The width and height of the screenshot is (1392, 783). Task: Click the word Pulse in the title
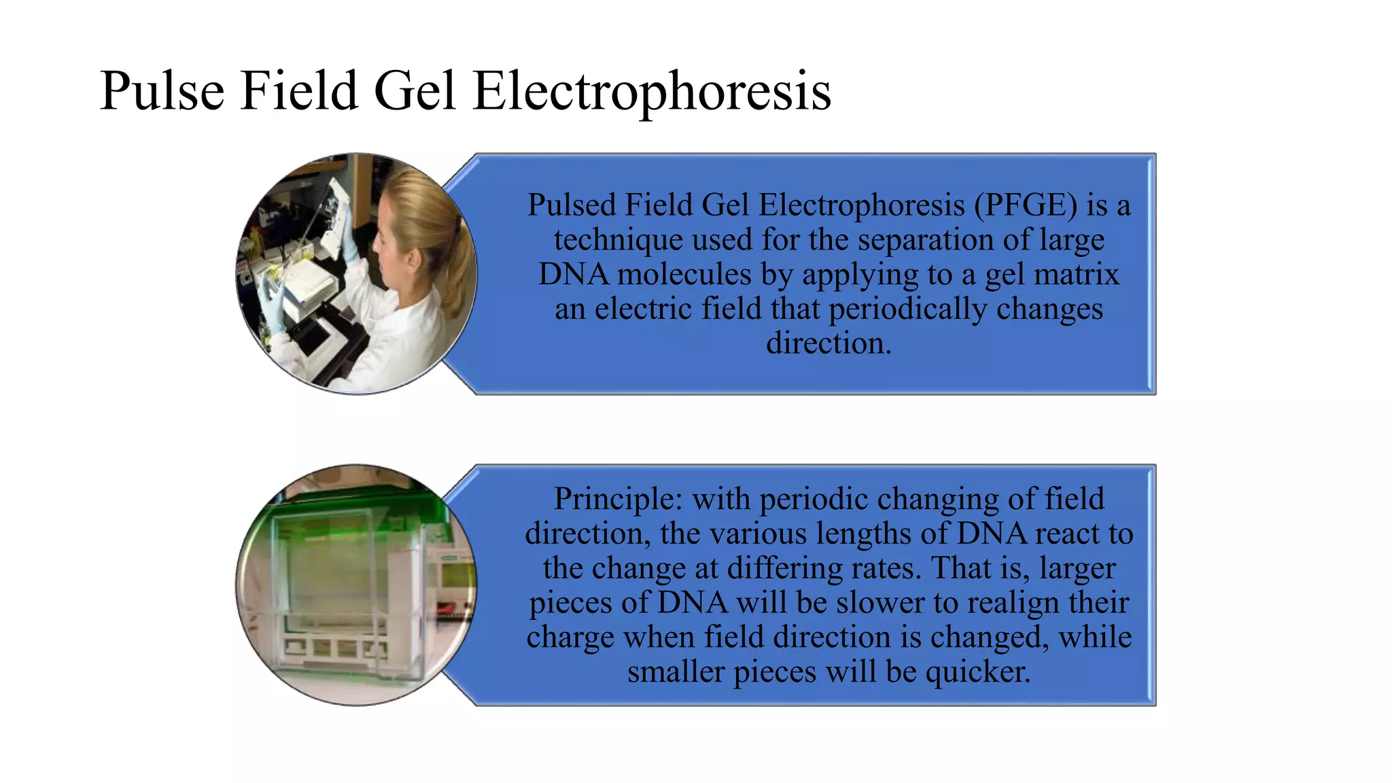tap(162, 91)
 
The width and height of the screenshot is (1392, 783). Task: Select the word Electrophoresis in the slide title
tap(651, 91)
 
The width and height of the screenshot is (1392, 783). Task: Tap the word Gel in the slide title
tap(414, 91)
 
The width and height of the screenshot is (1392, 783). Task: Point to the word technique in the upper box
tap(619, 240)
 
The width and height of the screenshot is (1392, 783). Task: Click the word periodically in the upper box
tap(907, 309)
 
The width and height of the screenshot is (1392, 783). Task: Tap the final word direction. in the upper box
tap(829, 343)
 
